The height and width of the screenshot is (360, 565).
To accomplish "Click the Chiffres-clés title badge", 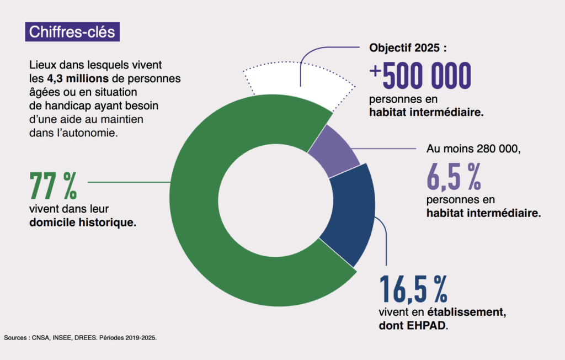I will click(x=72, y=31).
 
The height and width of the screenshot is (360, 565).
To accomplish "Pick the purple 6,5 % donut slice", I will click(x=334, y=150).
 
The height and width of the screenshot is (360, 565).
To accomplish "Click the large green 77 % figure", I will click(x=53, y=187).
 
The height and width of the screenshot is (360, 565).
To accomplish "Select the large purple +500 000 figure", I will click(x=420, y=76).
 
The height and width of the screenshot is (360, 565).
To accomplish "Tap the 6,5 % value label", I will click(x=454, y=176).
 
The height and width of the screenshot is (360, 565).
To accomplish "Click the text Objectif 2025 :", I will click(x=408, y=47).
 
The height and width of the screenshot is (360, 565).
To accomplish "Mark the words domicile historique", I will click(x=83, y=223).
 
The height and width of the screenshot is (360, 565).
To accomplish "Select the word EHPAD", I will click(x=427, y=326).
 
